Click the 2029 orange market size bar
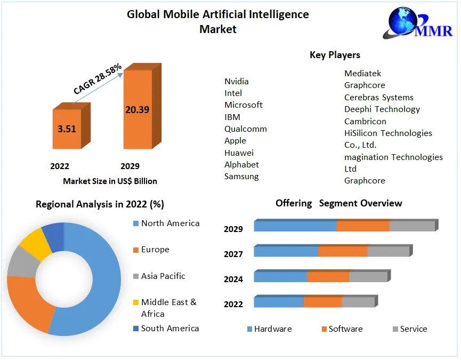tap(138, 109)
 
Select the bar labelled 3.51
tap(67, 129)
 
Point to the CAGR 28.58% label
tap(98, 79)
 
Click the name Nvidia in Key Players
tap(237, 82)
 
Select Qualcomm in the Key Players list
tap(246, 129)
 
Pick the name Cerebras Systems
tap(379, 98)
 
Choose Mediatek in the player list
tap(363, 74)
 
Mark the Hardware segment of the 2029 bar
tap(295, 226)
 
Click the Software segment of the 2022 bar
tap(322, 302)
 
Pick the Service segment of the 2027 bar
tap(388, 251)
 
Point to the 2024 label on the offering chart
tap(233, 279)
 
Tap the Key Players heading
tap(335, 55)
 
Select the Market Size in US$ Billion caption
tap(110, 181)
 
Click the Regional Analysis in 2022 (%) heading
tap(100, 204)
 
